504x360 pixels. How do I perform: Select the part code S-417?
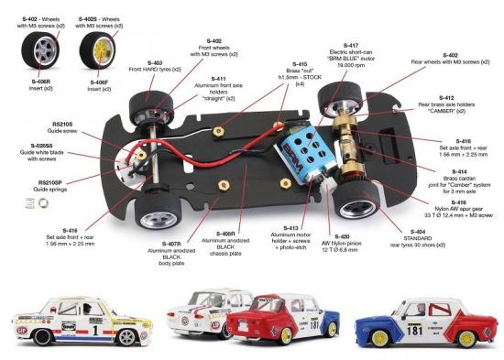coord(352,44)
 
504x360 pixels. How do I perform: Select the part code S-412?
coord(447,97)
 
